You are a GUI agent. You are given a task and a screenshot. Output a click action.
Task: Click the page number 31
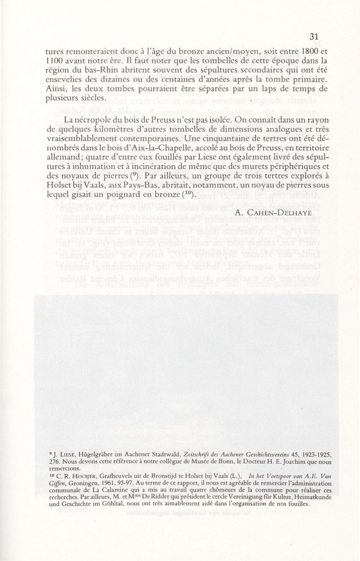click(x=315, y=36)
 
